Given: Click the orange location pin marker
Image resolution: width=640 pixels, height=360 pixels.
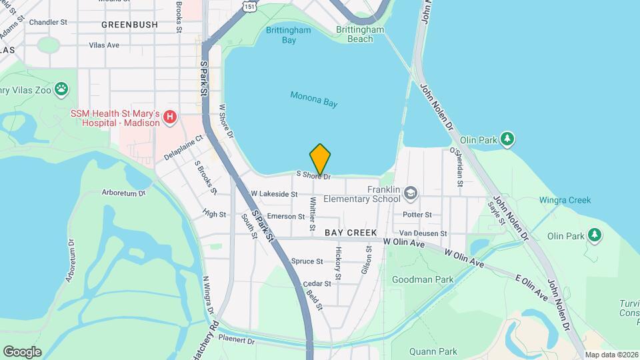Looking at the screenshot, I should click(x=320, y=159).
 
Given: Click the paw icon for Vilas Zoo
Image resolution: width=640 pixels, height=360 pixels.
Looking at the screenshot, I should click(x=61, y=87).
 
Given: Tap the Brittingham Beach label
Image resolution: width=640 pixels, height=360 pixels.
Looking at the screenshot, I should click(x=360, y=35).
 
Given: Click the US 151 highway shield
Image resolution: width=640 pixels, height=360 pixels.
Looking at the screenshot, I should click(x=249, y=6).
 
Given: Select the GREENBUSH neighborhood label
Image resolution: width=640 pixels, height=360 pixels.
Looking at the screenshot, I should click(x=130, y=25).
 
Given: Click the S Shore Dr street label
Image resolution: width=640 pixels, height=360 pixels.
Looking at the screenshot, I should click(x=314, y=176).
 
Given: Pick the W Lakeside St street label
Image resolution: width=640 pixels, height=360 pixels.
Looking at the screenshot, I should click(x=273, y=194).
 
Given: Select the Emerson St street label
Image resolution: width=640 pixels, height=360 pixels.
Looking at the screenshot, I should click(x=285, y=217).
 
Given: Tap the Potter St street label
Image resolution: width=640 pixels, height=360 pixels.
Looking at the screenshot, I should click(x=417, y=215).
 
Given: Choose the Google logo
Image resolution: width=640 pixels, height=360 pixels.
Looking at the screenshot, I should click(x=22, y=351).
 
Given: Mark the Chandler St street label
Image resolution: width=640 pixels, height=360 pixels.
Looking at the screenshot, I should click(x=49, y=22).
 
